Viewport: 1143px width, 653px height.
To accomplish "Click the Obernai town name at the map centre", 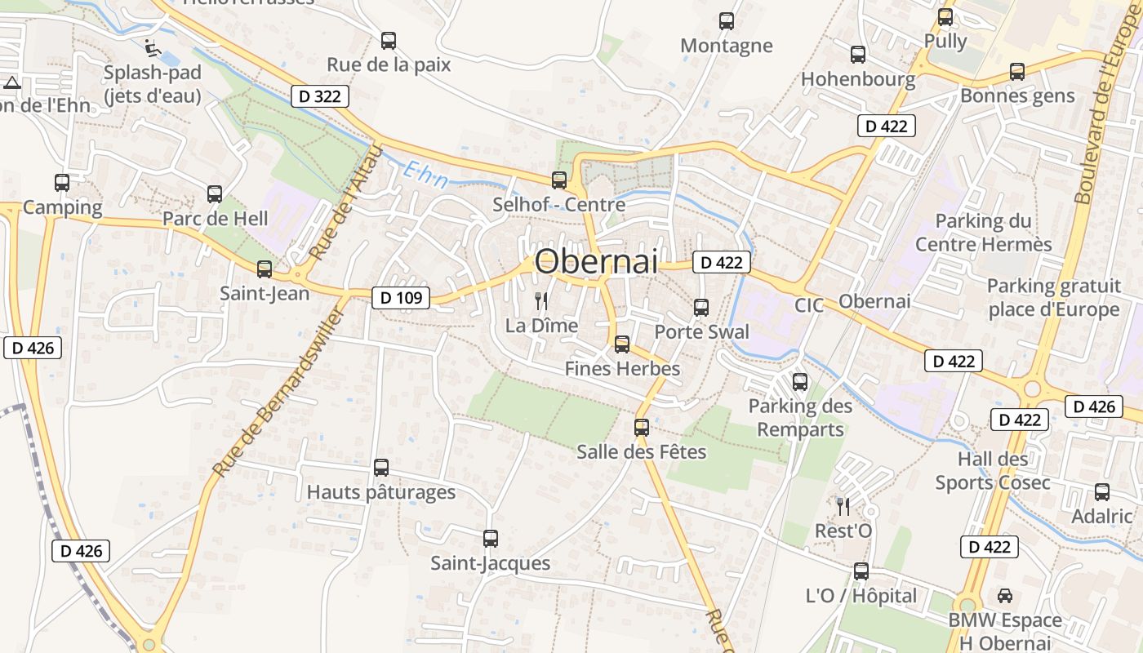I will [x=596, y=261].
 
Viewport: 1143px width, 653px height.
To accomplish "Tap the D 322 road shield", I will [x=320, y=96].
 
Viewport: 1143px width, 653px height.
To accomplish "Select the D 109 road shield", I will [x=402, y=298].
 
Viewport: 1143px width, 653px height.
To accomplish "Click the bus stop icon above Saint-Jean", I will [x=264, y=269].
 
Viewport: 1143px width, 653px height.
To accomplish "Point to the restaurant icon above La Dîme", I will [x=540, y=301].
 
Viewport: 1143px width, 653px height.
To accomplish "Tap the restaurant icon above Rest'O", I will [x=843, y=507].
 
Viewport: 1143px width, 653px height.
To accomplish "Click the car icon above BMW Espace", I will [x=1004, y=596].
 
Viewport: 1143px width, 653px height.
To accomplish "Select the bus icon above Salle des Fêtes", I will [x=642, y=427].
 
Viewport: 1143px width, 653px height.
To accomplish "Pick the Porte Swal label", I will [x=701, y=332].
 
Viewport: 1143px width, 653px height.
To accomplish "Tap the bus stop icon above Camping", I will [x=62, y=183].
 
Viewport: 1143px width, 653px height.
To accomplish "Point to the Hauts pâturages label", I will [x=381, y=492].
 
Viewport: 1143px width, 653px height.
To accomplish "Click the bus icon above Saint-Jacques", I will [x=490, y=539].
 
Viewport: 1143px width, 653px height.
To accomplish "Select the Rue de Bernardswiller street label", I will [x=278, y=392].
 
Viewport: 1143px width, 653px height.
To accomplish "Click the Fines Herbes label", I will [x=622, y=369].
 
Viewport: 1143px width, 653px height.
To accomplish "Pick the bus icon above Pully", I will [x=945, y=16].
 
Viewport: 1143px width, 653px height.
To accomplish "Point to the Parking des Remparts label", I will [x=800, y=417].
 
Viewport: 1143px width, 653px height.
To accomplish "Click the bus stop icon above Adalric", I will [x=1102, y=492].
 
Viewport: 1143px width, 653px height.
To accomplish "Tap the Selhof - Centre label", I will [x=558, y=204].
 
